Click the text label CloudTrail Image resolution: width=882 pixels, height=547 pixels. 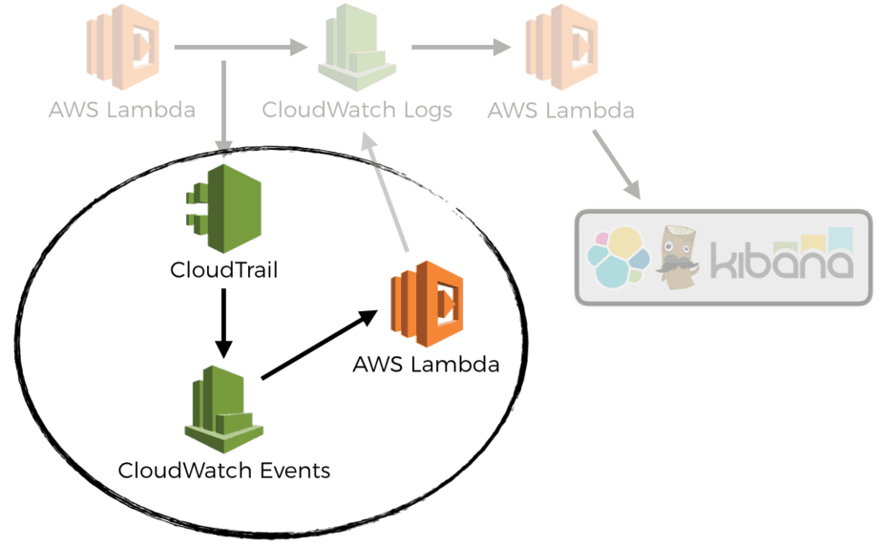[x=223, y=270]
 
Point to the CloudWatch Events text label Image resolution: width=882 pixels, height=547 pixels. [x=224, y=470]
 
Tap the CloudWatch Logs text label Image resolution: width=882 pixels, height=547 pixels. [x=357, y=110]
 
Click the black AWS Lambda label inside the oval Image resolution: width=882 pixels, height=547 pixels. [x=426, y=364]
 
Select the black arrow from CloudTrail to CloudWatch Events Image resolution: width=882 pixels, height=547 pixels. [x=223, y=322]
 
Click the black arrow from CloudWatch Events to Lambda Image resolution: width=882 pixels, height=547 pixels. [x=315, y=347]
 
